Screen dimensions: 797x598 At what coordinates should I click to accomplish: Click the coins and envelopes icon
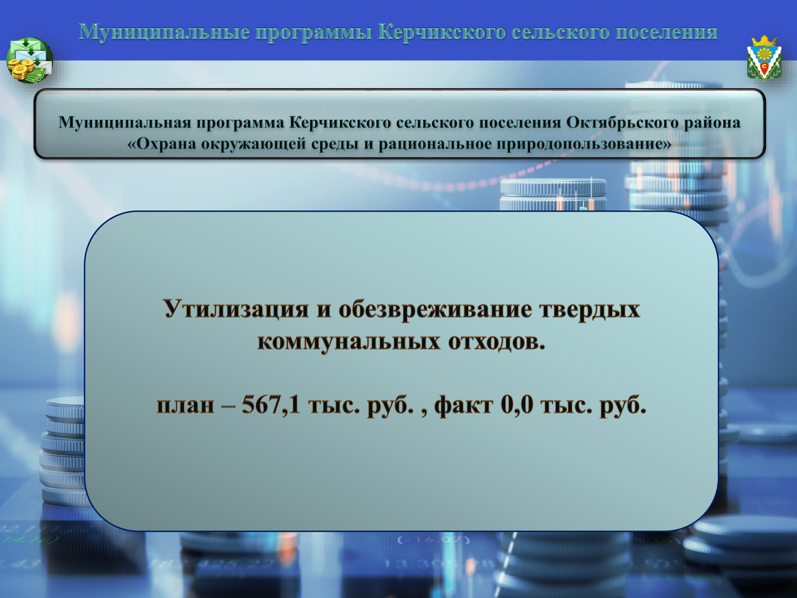(x=29, y=60)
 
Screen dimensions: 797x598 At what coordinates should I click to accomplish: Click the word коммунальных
(x=349, y=342)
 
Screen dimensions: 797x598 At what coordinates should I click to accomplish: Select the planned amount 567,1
(x=271, y=405)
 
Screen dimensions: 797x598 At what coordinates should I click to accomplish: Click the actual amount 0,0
(x=517, y=405)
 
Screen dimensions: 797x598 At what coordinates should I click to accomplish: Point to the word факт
(x=463, y=406)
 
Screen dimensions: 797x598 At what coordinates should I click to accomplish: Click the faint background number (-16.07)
(x=434, y=541)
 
